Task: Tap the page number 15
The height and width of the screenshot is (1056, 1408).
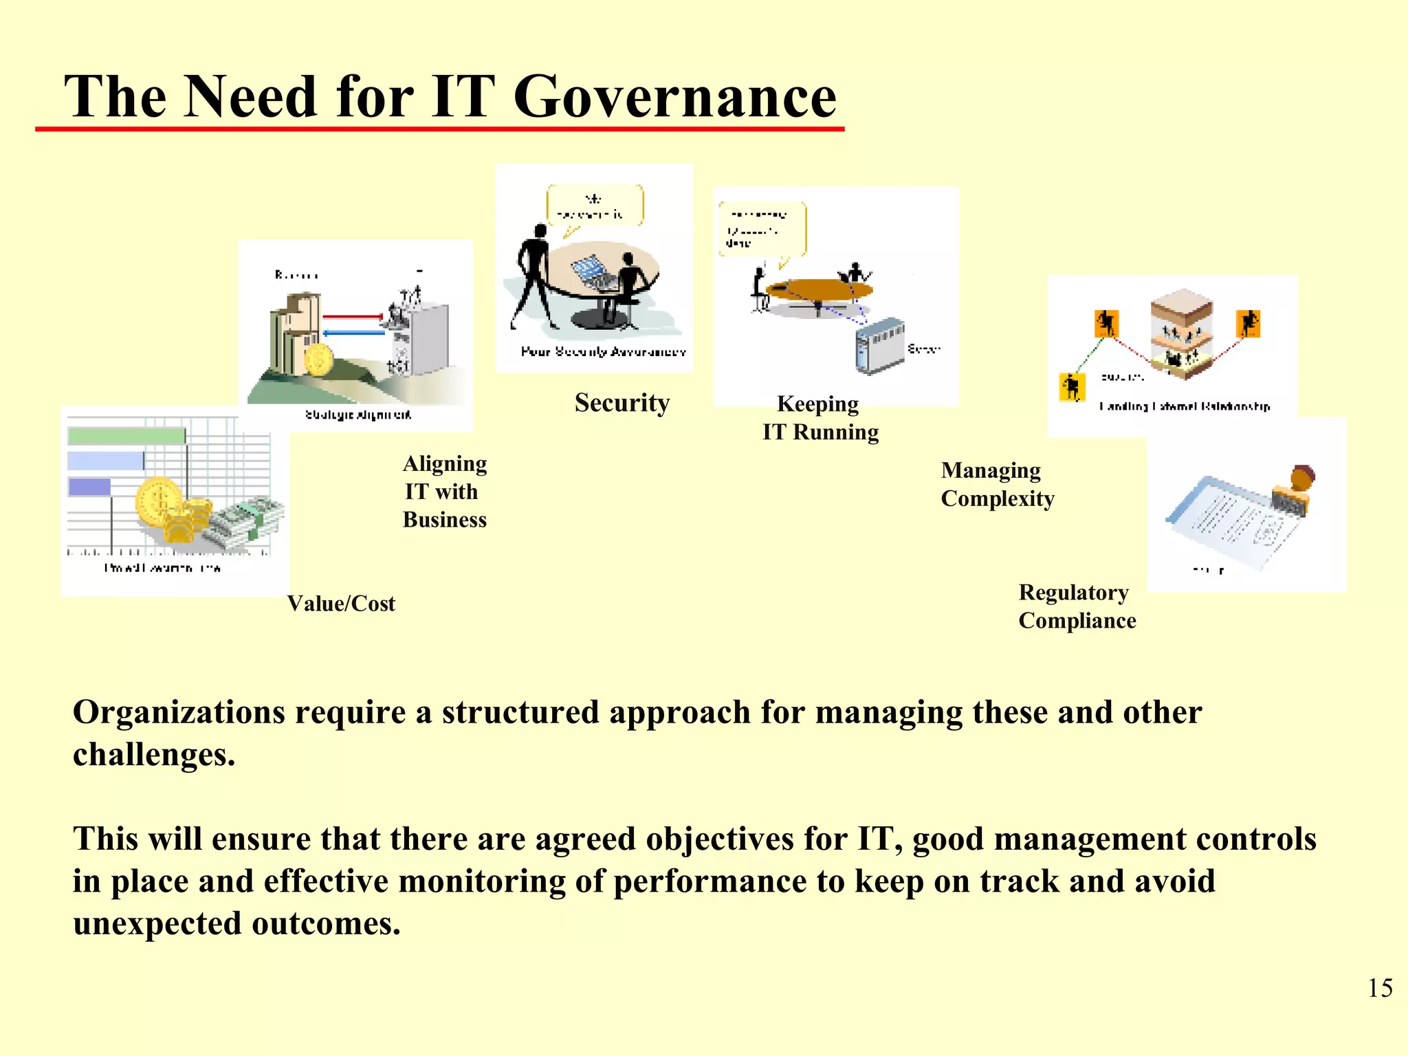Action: point(1380,988)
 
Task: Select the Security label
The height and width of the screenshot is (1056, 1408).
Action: point(622,403)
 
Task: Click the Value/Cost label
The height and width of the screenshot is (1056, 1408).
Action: point(341,604)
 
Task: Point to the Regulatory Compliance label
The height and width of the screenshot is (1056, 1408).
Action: point(1077,606)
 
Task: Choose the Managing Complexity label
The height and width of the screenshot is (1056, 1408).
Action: point(997,484)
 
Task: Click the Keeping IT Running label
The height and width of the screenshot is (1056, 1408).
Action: point(820,418)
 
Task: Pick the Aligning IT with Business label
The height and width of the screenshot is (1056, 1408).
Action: point(445,492)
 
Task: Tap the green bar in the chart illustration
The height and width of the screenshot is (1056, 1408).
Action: point(126,436)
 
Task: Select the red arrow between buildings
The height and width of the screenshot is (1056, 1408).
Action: point(352,316)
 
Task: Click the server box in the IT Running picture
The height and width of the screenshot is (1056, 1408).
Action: point(879,346)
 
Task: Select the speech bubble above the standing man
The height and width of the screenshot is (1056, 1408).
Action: point(595,206)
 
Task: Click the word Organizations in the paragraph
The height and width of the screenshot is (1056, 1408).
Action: point(179,712)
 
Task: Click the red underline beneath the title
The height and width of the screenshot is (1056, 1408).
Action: point(440,129)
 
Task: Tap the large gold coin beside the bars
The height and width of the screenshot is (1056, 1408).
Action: point(159,500)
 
